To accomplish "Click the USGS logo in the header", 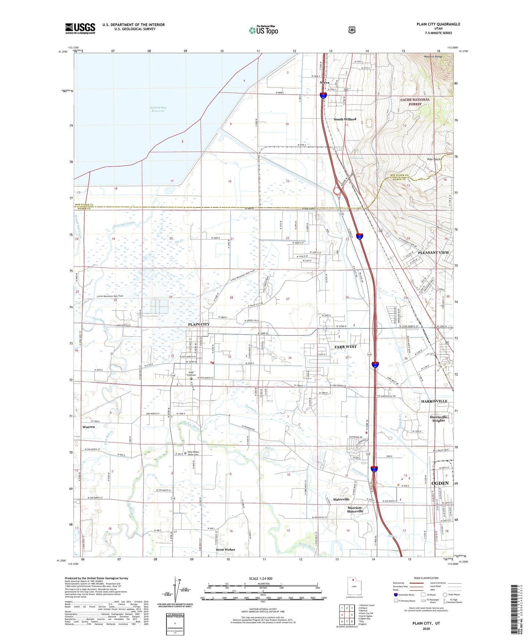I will (x=80, y=28).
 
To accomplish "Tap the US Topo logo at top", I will (x=263, y=30).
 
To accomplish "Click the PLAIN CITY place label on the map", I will (x=199, y=324).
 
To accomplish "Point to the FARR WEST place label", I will (x=345, y=347).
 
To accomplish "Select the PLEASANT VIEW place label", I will (x=433, y=253).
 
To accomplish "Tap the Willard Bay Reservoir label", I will (x=158, y=110).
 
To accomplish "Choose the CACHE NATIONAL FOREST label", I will (x=415, y=102).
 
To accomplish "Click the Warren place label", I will (x=89, y=427).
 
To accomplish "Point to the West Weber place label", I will (x=225, y=550).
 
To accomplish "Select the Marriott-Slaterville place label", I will (x=355, y=509).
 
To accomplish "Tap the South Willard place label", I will (x=345, y=120).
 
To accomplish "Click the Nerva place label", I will (x=324, y=83).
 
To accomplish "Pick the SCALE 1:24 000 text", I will (x=261, y=578).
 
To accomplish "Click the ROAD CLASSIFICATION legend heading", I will (x=426, y=578).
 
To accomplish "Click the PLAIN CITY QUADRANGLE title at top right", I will (x=438, y=24).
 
